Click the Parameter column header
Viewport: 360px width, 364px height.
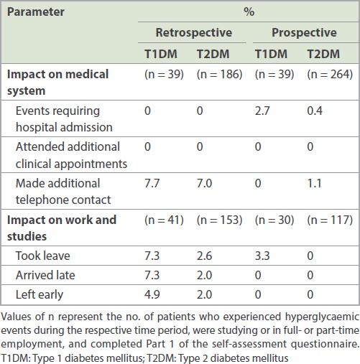(x=36, y=12)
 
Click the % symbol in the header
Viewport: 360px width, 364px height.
(x=249, y=11)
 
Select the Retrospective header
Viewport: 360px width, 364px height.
(x=194, y=32)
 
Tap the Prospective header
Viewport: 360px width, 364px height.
(x=304, y=32)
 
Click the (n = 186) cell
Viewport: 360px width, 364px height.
(x=220, y=74)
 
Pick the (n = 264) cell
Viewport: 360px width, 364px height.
(x=330, y=74)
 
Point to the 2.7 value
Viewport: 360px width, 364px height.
(x=262, y=111)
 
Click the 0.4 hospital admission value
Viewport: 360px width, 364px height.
(x=315, y=111)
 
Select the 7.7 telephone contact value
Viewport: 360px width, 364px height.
(x=152, y=183)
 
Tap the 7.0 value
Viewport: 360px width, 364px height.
(x=204, y=183)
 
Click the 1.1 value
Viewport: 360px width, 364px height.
(x=314, y=183)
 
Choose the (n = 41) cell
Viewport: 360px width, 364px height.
(x=164, y=220)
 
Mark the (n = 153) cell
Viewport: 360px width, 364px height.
(x=220, y=220)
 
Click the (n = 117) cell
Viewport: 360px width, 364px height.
(x=330, y=220)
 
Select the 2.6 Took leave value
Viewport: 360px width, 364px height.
(x=204, y=256)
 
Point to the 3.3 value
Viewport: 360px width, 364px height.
(x=262, y=256)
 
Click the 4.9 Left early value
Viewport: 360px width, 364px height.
(x=152, y=294)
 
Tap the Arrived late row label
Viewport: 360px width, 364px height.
(x=45, y=275)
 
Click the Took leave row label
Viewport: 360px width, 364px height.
(x=43, y=256)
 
